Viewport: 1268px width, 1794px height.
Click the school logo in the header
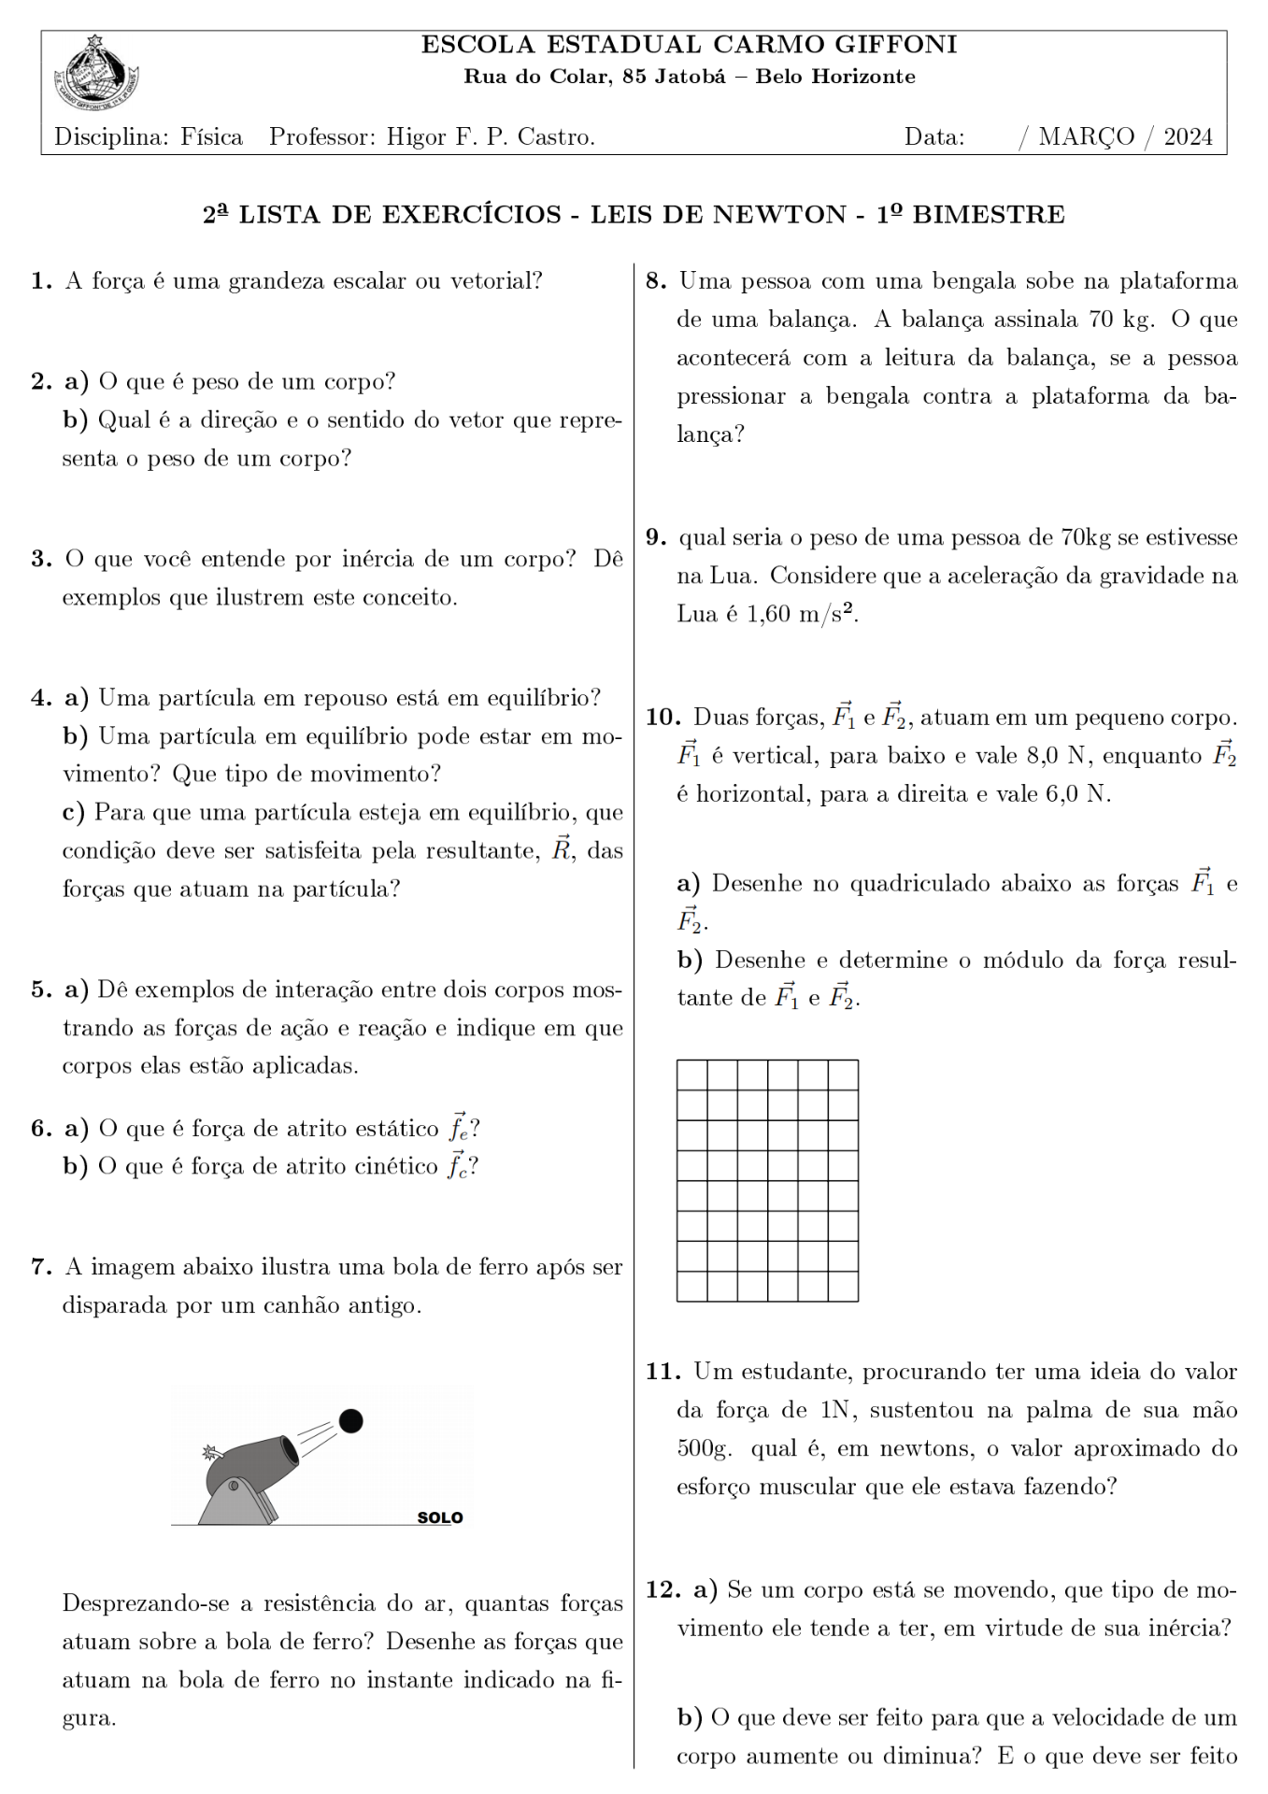95,69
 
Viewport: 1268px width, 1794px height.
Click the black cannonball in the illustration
350,1421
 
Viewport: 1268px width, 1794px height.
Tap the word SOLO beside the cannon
440,1517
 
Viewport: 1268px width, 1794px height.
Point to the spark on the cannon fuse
209,1452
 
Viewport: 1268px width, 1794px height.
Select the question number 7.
40,1267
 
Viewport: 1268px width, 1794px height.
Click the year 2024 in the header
1188,137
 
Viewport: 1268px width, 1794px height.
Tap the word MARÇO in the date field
1086,137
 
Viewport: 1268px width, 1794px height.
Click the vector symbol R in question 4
561,850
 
